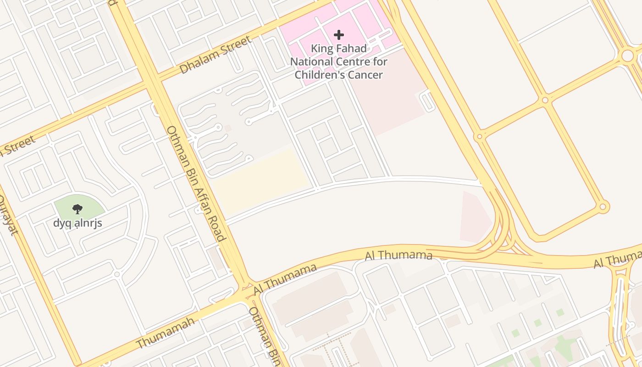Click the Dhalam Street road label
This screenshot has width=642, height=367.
215,55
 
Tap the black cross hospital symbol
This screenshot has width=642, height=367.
339,35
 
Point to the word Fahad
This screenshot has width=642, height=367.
351,49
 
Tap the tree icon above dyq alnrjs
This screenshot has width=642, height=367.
77,209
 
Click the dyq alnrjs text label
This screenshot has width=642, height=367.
77,224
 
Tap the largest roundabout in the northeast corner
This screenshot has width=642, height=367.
627,56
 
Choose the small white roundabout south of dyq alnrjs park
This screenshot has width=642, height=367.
117,274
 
